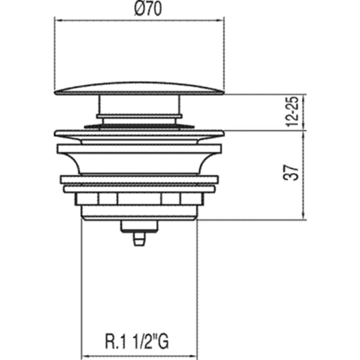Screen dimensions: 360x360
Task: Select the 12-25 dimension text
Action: coord(292,112)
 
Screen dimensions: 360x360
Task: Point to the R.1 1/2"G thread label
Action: coord(137,342)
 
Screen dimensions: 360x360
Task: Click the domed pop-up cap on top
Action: coord(139,89)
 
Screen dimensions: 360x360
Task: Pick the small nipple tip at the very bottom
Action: coord(139,239)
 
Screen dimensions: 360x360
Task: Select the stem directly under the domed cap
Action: coord(139,105)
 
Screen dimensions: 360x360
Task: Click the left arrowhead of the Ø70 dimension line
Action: coord(58,20)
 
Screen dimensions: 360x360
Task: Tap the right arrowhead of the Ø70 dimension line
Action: coord(220,20)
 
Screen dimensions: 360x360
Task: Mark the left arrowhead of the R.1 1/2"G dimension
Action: coord(85,356)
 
